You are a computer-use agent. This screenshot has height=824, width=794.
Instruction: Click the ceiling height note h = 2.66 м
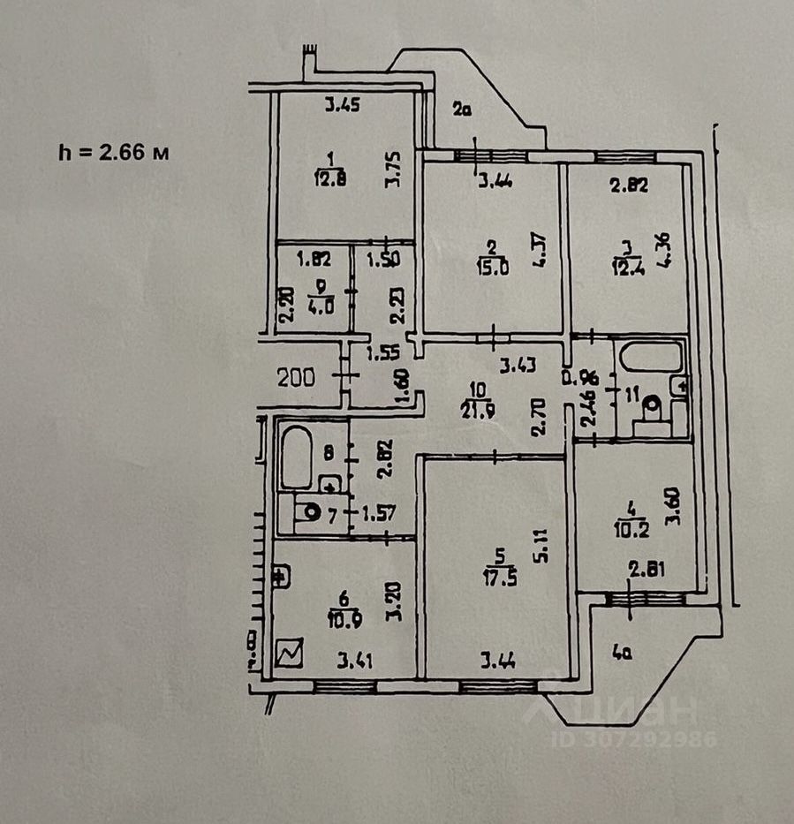coord(114,152)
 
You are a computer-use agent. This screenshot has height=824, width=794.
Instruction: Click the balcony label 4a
coord(624,654)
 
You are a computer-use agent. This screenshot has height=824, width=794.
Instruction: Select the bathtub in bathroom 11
coord(651,357)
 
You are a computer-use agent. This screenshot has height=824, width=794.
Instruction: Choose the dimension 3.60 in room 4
coord(678,513)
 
